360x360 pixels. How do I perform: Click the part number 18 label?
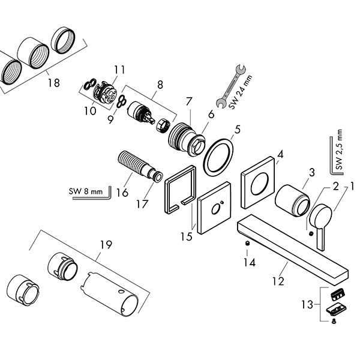click(x=54, y=83)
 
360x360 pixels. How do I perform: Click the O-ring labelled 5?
click(x=218, y=157)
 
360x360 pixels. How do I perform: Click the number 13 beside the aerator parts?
click(x=308, y=304)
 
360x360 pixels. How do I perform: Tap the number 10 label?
click(x=90, y=110)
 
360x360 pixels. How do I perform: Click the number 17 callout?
click(x=142, y=203)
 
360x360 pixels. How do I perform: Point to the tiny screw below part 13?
click(x=333, y=322)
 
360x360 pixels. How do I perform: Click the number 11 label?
click(x=119, y=70)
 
